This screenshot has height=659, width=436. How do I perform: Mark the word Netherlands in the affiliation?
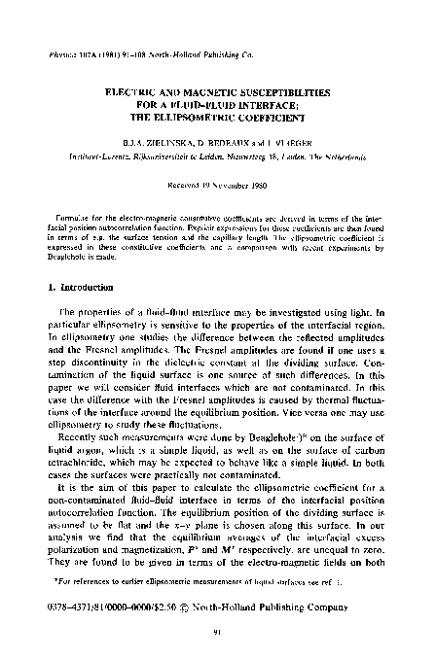pyautogui.click(x=359, y=152)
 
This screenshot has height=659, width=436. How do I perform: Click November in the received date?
pyautogui.click(x=231, y=183)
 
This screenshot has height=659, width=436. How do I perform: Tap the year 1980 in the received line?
pyautogui.click(x=268, y=183)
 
